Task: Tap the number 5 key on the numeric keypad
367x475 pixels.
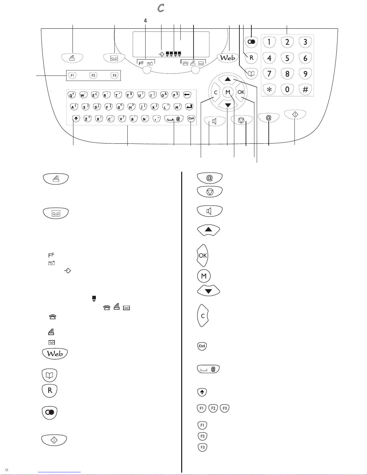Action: tap(287, 58)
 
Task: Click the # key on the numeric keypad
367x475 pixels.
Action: tap(305, 89)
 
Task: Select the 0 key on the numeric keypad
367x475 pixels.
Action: tap(287, 89)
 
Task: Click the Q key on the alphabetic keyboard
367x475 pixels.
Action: tap(72, 95)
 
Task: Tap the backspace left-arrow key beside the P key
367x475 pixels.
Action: tap(187, 95)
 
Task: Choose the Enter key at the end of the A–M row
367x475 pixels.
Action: tap(189, 107)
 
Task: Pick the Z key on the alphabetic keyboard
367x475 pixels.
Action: tap(87, 119)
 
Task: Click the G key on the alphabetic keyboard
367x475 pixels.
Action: tap(120, 107)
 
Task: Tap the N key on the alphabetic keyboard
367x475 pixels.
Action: tap(145, 119)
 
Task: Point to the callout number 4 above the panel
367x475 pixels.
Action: tap(145, 21)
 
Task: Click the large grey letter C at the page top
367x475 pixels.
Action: tap(161, 8)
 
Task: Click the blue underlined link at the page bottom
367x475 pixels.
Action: tap(59, 472)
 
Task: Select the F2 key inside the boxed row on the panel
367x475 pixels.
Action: tap(93, 76)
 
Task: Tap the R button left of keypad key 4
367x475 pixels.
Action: tap(251, 58)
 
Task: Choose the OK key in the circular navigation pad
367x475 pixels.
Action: tap(241, 92)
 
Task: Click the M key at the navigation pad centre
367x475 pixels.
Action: tap(228, 92)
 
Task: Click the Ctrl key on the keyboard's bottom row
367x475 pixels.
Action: tap(191, 118)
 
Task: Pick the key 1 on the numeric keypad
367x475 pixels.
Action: tap(269, 42)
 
